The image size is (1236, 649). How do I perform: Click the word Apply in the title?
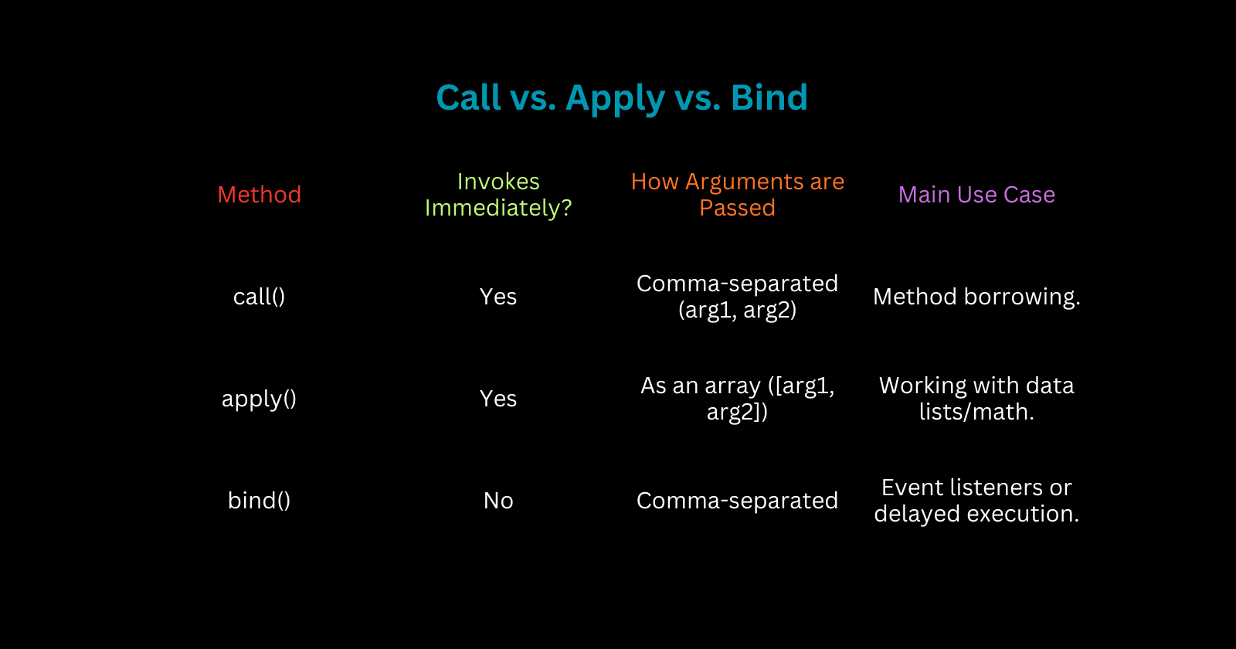[x=615, y=99]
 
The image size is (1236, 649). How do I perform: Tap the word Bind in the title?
[x=769, y=98]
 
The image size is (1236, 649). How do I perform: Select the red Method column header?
[x=259, y=195]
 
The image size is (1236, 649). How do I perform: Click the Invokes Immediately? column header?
[x=498, y=195]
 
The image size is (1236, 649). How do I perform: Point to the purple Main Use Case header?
[x=976, y=195]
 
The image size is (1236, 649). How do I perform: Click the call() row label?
[x=259, y=297]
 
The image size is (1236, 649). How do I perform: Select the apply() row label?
[x=259, y=399]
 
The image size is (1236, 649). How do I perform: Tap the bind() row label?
[x=259, y=501]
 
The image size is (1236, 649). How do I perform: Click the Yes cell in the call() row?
[x=498, y=297]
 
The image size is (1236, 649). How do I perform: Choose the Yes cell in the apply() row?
[x=498, y=399]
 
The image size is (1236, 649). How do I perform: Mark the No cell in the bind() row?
[x=498, y=501]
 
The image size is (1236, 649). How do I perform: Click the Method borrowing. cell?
[x=976, y=297]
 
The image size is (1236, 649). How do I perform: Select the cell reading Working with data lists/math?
[x=976, y=399]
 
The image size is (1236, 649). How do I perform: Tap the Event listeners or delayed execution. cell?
[x=976, y=501]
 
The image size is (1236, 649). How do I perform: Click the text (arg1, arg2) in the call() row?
[x=737, y=311]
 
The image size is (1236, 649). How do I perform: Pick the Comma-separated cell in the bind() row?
[x=737, y=501]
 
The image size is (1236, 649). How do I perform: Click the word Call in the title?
[x=468, y=98]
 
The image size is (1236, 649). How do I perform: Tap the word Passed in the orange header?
[x=737, y=209]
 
